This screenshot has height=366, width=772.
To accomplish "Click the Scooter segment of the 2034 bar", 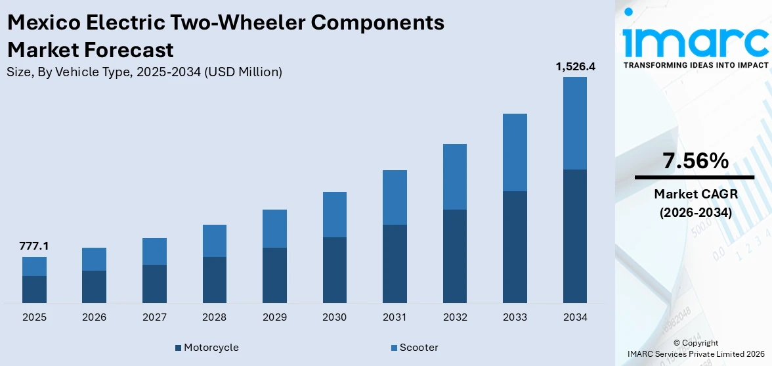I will [x=574, y=123].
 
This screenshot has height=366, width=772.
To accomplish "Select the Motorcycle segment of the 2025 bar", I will [x=34, y=289].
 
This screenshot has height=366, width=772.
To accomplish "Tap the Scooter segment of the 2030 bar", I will [x=334, y=214].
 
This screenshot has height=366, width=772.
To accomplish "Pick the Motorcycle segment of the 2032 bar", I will [x=454, y=256].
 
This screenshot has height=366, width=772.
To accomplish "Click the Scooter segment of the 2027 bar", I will [x=154, y=251].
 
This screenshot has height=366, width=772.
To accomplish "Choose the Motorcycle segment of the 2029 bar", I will [x=274, y=275].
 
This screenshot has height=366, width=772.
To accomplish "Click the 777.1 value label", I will [x=34, y=246].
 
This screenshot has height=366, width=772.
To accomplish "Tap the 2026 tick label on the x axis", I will [x=95, y=317].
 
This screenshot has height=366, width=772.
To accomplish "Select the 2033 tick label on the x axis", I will [x=515, y=317].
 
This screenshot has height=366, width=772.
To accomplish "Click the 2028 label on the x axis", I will [x=214, y=317].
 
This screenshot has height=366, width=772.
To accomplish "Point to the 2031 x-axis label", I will [x=395, y=317].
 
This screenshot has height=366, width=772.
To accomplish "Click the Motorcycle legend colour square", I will [x=179, y=348].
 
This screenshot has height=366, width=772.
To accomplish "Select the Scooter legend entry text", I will [x=419, y=348].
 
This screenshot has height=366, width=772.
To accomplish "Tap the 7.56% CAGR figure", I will [x=695, y=161].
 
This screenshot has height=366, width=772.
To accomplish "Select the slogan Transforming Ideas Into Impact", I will [x=695, y=65].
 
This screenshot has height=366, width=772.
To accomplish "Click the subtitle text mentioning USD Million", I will [x=144, y=72].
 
